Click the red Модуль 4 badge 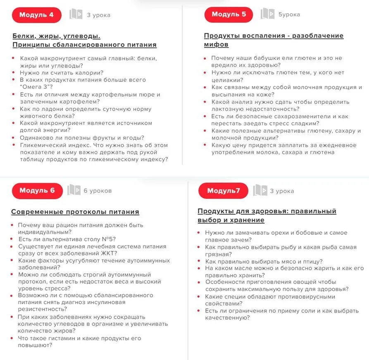[36, 15]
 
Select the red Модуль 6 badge [37, 191]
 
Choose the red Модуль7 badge [223, 191]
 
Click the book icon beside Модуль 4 [76, 15]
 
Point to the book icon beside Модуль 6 [74, 191]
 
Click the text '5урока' [289, 14]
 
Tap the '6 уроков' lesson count [98, 191]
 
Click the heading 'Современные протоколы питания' [75, 212]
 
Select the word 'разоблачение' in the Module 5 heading [318, 36]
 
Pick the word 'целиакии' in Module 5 [226, 80]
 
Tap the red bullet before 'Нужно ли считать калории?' [13, 73]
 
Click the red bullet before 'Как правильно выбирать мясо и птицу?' [200, 261]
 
